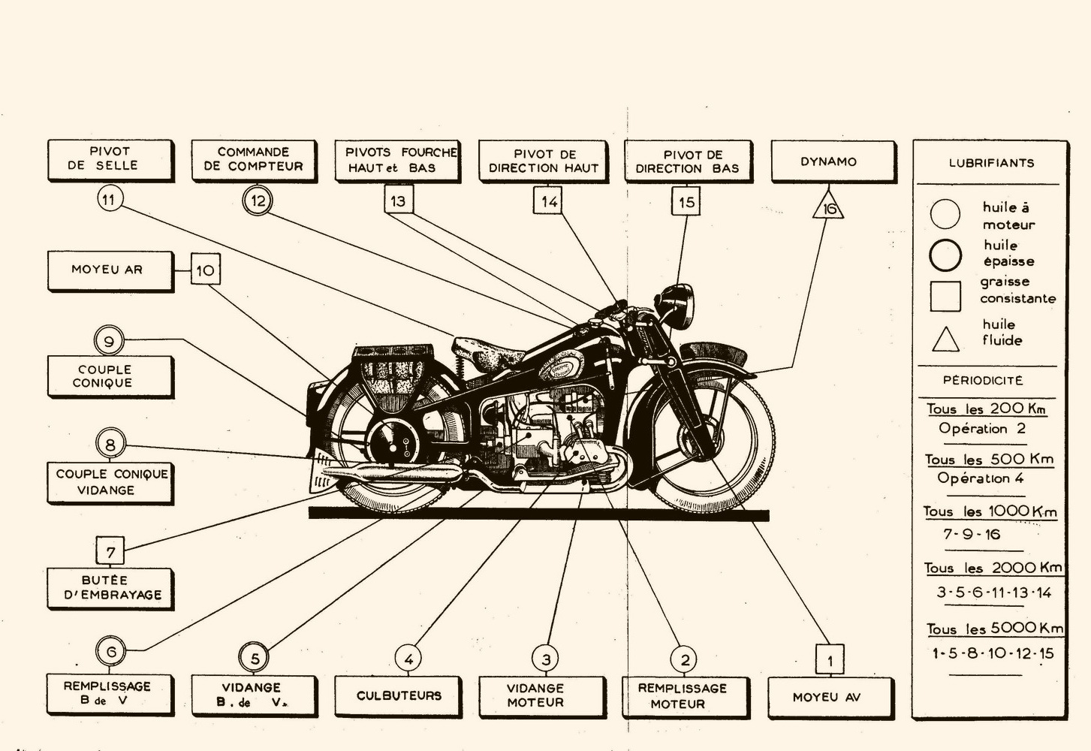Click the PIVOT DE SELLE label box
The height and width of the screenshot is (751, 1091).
click(x=110, y=159)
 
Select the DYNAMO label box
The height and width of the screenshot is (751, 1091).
click(x=833, y=161)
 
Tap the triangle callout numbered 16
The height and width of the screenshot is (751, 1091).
click(x=828, y=207)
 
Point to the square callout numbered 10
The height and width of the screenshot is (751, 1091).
click(x=205, y=270)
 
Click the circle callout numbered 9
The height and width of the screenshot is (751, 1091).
click(x=109, y=342)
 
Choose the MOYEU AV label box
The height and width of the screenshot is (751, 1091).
click(x=829, y=697)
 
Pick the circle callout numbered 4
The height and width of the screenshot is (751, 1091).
click(x=408, y=660)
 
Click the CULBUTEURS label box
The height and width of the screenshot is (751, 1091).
click(x=399, y=696)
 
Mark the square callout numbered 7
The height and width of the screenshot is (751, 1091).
click(x=110, y=552)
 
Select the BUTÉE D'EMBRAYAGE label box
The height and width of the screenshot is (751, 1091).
click(x=110, y=588)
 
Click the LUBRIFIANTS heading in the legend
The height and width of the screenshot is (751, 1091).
click(x=991, y=163)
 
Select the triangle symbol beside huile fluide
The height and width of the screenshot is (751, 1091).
click(x=945, y=340)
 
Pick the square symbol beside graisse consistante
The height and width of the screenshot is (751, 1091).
click(x=945, y=296)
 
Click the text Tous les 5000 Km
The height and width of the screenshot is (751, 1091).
click(x=994, y=629)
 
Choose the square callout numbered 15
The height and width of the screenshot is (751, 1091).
click(x=686, y=202)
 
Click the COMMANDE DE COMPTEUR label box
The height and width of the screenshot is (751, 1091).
click(x=254, y=159)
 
